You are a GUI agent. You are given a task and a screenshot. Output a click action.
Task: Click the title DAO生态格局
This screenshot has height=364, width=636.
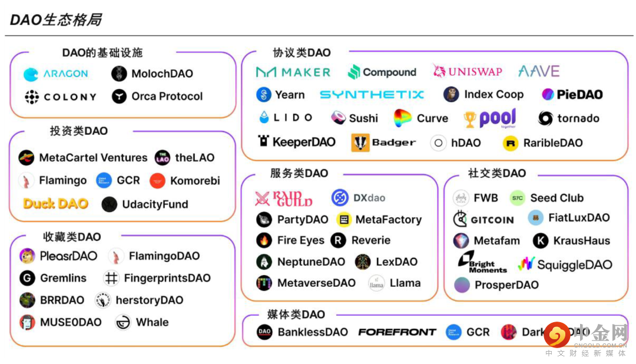pyautogui.click(x=55, y=20)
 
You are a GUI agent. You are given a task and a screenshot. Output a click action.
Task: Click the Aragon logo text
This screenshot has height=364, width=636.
pyautogui.click(x=65, y=74)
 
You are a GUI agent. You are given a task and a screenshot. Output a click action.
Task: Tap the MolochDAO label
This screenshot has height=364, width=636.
pyautogui.click(x=162, y=74)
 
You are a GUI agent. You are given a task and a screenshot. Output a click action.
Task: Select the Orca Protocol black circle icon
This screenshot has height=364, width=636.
pyautogui.click(x=120, y=97)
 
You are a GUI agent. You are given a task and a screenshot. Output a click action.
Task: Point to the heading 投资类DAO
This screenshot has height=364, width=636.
pyautogui.click(x=78, y=131)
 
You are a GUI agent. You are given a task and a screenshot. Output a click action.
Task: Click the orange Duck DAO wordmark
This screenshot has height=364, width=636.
pyautogui.click(x=55, y=204)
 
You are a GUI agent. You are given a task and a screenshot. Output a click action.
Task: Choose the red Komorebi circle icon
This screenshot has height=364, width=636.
pyautogui.click(x=157, y=181)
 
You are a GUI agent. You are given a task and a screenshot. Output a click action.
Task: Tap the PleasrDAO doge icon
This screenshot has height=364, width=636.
pyautogui.click(x=26, y=256)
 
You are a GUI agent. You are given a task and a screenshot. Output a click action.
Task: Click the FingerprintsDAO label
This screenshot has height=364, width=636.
pyautogui.click(x=167, y=278)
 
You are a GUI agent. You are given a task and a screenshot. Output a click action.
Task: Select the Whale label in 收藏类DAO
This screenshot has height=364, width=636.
pyautogui.click(x=152, y=322)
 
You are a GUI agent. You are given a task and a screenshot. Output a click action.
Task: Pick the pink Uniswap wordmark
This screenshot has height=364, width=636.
pyautogui.click(x=475, y=72)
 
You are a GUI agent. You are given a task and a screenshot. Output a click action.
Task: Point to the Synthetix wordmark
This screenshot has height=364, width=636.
pyautogui.click(x=372, y=94)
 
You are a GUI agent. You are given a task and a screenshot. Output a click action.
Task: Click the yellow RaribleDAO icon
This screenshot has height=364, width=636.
pyautogui.click(x=510, y=143)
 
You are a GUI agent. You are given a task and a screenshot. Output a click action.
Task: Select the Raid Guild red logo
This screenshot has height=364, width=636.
pyautogui.click(x=283, y=198)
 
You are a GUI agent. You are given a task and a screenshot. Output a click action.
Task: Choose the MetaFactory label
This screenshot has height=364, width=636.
pyautogui.click(x=388, y=220)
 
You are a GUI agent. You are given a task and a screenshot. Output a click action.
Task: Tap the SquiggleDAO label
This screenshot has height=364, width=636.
pyautogui.click(x=574, y=264)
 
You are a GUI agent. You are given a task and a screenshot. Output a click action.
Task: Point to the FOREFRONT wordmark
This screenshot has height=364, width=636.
pyautogui.click(x=397, y=332)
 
